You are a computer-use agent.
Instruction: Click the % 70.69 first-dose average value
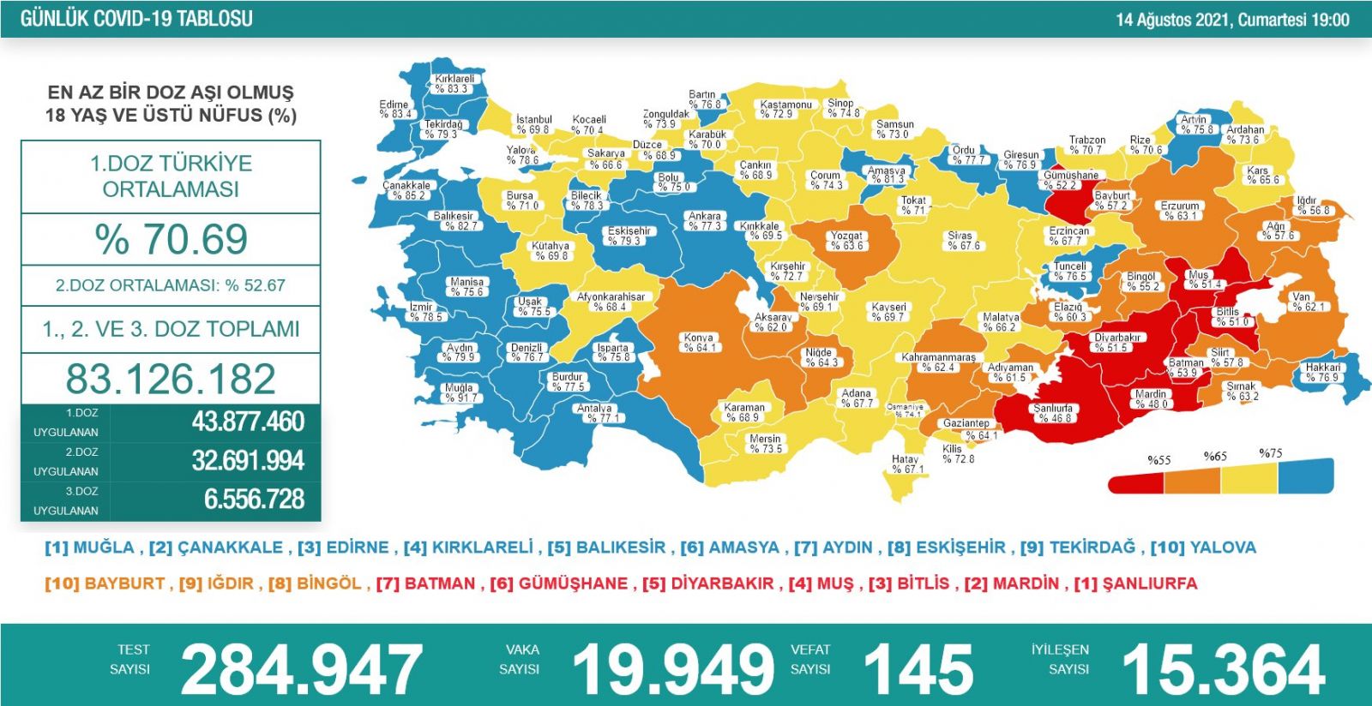point(171,239)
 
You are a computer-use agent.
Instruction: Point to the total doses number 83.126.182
point(171,379)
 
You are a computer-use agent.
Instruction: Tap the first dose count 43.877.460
point(248,422)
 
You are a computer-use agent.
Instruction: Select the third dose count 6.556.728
point(254,500)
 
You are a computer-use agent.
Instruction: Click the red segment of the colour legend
point(1136,482)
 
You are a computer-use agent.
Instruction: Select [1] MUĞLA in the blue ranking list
point(90,547)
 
